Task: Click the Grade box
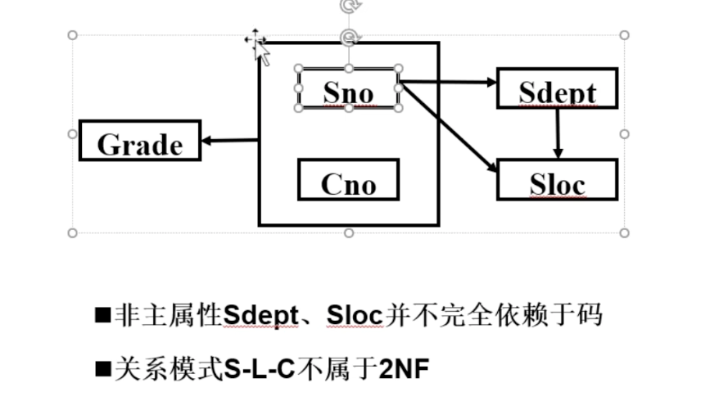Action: pyautogui.click(x=139, y=141)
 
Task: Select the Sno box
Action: pyautogui.click(x=348, y=89)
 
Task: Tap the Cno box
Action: pyautogui.click(x=348, y=180)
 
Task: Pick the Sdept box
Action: pyautogui.click(x=557, y=89)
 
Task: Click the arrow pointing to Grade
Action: pyautogui.click(x=229, y=141)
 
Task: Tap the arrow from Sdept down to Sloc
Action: pyautogui.click(x=558, y=133)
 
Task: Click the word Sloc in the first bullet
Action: pyautogui.click(x=355, y=315)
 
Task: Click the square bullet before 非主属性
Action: pyautogui.click(x=103, y=315)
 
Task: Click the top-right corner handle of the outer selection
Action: pyautogui.click(x=624, y=35)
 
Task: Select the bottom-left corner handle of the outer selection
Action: pyautogui.click(x=72, y=233)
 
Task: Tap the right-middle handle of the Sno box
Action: pyautogui.click(x=399, y=88)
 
